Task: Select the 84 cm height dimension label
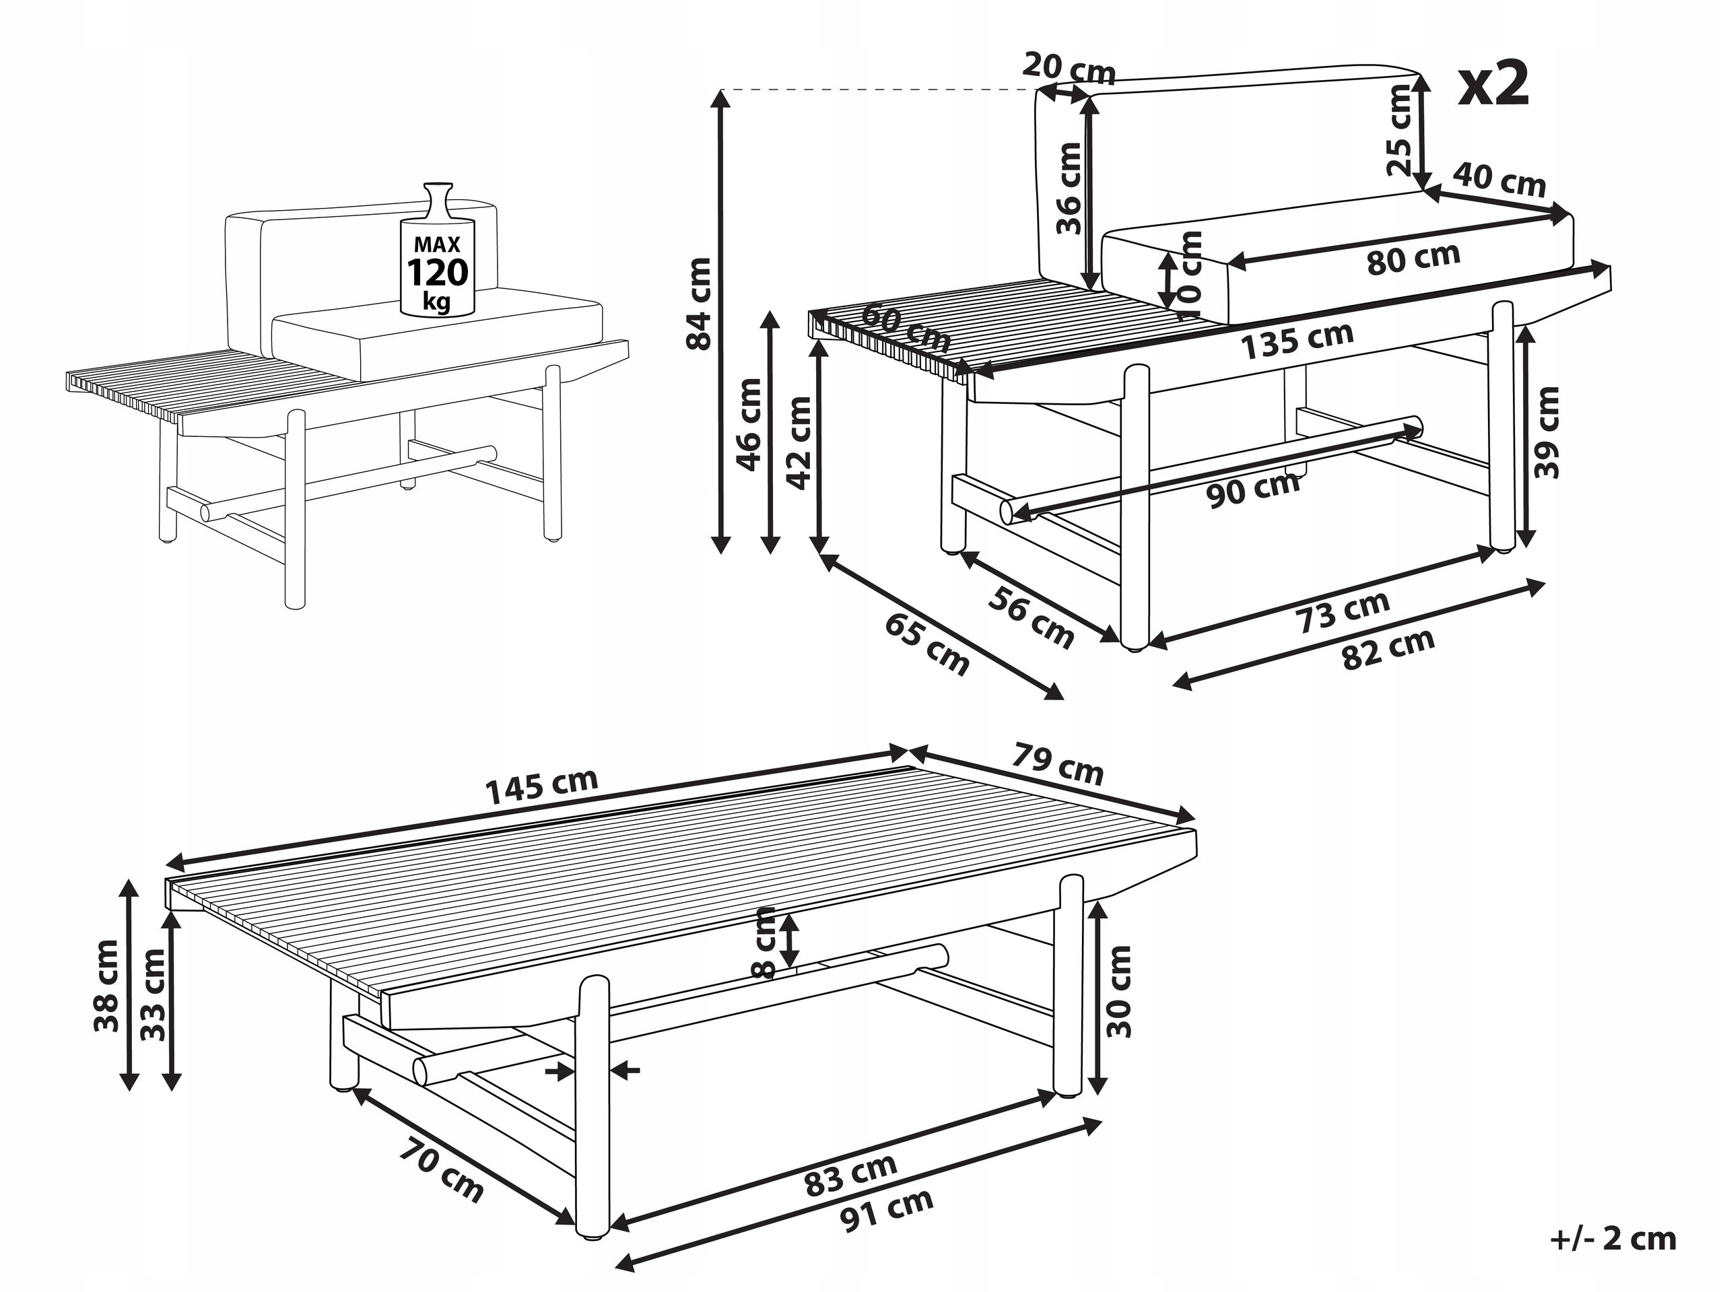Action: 700,304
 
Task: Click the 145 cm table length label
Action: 541,786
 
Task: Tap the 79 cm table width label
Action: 1058,764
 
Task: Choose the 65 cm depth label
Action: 928,645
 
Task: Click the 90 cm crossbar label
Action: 1254,489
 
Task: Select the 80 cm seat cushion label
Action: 1413,259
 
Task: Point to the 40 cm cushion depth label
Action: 1499,180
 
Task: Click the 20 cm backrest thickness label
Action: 1069,69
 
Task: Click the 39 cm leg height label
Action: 1546,432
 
